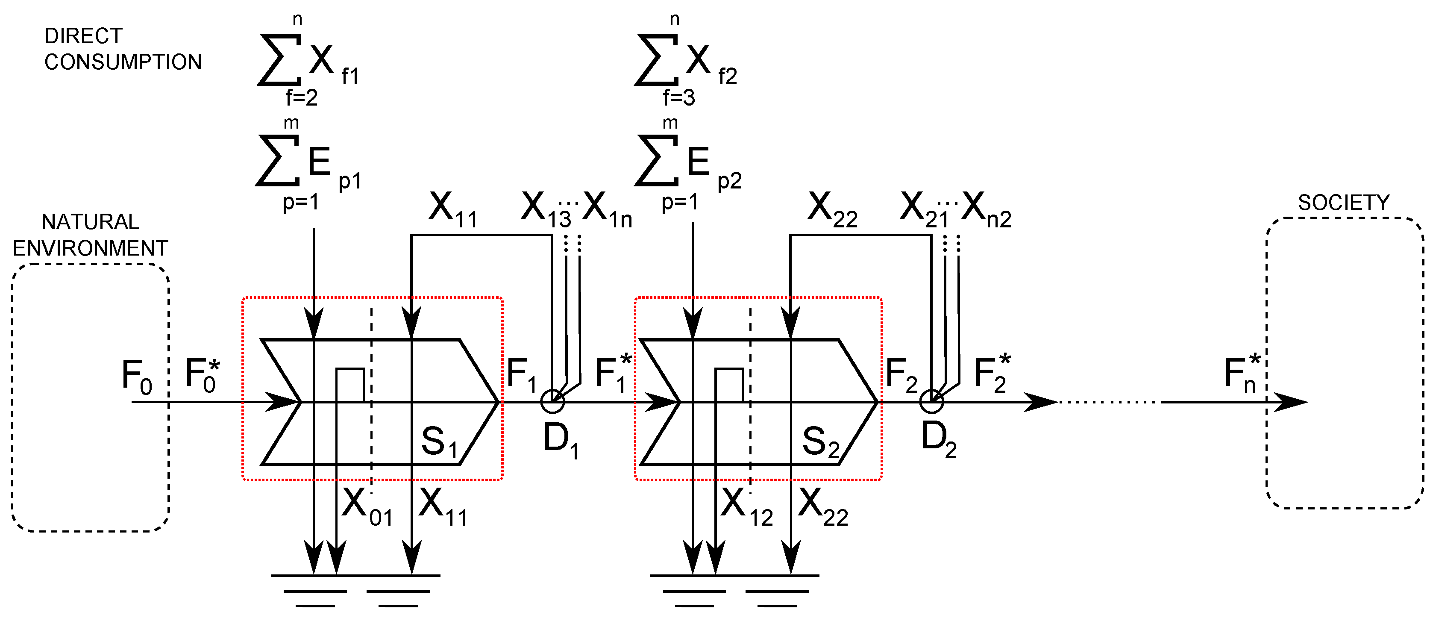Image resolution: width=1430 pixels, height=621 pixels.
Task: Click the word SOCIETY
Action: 1343,203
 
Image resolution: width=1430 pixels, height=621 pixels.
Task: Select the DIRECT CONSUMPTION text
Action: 122,49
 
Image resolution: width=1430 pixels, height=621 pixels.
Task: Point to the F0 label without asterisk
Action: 136,376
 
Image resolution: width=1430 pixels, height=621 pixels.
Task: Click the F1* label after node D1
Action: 613,373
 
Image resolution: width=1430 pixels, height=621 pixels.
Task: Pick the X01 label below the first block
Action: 367,506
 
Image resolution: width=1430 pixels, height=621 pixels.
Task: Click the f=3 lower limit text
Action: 678,98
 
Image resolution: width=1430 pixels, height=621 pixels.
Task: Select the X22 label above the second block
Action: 831,210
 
